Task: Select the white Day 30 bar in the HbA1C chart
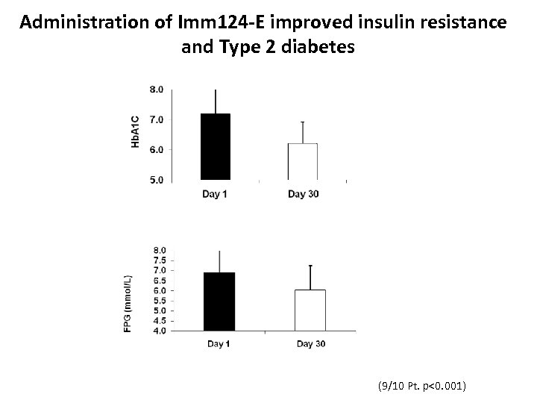click(x=303, y=162)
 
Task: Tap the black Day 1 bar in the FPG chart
click(x=219, y=302)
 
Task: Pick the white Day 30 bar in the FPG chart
click(x=310, y=310)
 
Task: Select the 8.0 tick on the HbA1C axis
click(x=157, y=90)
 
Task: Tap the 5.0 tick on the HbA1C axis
click(x=157, y=180)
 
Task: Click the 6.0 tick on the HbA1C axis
click(x=157, y=150)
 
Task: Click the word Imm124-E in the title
click(x=216, y=22)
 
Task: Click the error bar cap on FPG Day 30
click(x=310, y=265)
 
